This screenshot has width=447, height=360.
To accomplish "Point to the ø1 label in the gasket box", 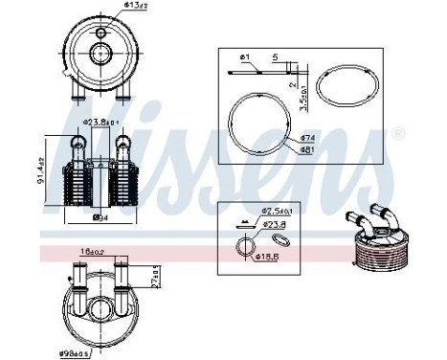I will (245, 57).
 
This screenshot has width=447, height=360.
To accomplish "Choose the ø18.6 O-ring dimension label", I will (264, 258).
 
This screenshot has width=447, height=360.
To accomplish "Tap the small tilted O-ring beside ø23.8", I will (279, 237).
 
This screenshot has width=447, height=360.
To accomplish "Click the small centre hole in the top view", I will (100, 34).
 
